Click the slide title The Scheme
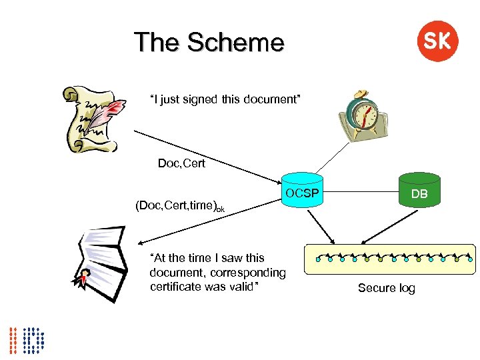coord(209,43)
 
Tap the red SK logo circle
coord(437,41)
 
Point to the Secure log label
coord(387,288)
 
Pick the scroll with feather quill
coord(93,117)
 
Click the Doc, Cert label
coord(181,163)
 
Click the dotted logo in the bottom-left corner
coord(27,339)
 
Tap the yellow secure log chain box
coord(389,259)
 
